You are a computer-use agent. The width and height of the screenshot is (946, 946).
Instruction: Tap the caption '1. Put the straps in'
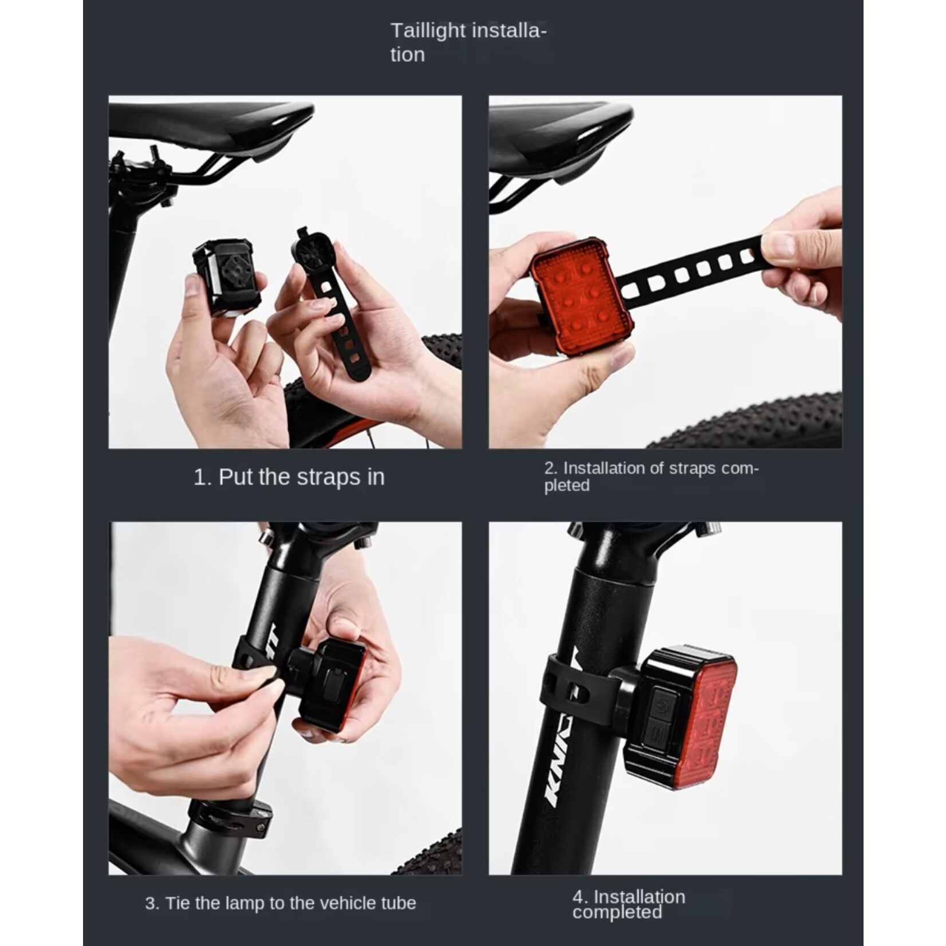point(289,477)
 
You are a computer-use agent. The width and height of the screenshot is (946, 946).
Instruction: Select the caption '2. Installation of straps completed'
point(651,476)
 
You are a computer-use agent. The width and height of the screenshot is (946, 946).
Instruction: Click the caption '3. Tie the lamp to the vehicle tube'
point(281,903)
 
